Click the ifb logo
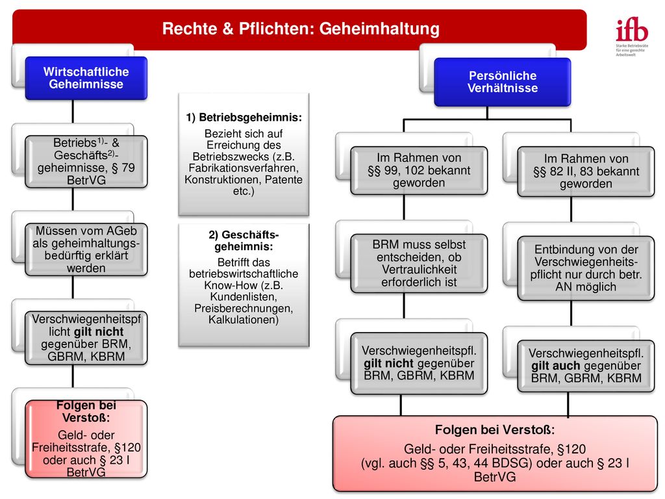[x=632, y=37]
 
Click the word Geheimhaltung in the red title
[x=379, y=29]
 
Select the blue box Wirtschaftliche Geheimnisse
[x=86, y=78]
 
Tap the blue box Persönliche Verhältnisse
[x=503, y=82]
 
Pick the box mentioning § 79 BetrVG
[x=86, y=162]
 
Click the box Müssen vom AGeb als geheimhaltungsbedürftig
[x=86, y=249]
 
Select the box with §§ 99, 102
[x=419, y=171]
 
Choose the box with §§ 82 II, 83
[x=586, y=172]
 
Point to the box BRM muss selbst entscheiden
[x=419, y=264]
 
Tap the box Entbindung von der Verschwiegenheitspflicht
[x=586, y=268]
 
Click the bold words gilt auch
[x=556, y=366]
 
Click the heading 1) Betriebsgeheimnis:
[x=244, y=118]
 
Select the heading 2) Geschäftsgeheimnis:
[x=244, y=240]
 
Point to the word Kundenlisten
[x=244, y=296]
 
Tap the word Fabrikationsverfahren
[x=244, y=168]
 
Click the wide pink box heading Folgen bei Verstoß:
[x=495, y=430]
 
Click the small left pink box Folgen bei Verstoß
[x=86, y=439]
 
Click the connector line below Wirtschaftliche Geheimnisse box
[x=73, y=112]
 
